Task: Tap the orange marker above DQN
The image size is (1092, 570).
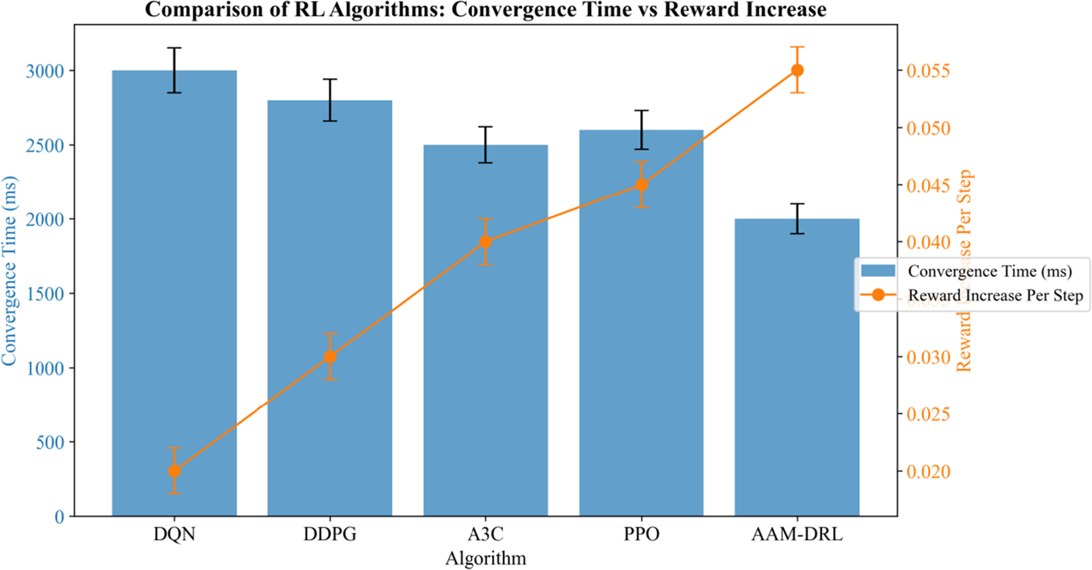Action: coord(174,471)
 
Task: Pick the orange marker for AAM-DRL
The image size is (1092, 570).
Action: coord(797,70)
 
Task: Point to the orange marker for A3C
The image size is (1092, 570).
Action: coord(485,242)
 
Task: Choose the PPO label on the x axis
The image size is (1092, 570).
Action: coord(641,534)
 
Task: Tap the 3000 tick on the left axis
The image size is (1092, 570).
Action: coord(45,71)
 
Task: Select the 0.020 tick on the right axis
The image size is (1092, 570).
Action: coord(928,472)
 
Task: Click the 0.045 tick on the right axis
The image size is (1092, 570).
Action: coord(928,185)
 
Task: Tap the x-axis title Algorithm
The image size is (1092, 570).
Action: coord(485,558)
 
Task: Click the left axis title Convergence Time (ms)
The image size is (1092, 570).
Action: coord(9,271)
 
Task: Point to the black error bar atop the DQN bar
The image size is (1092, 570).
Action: coord(174,70)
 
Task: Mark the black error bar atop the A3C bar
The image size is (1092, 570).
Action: coord(485,145)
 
